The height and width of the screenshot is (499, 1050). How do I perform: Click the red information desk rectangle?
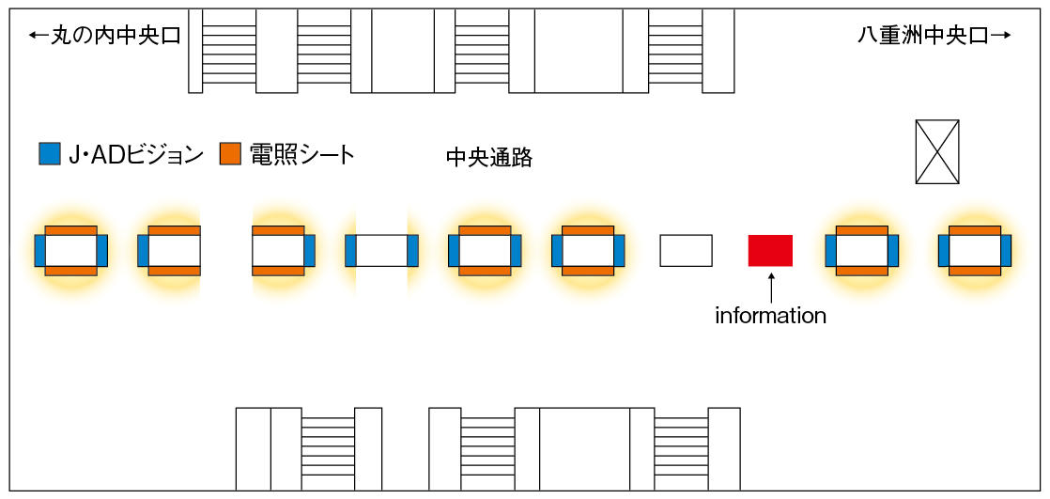point(770,251)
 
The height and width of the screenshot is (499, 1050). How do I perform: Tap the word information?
point(770,316)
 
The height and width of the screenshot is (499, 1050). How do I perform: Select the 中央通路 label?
point(489,158)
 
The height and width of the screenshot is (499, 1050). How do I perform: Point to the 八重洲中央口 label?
point(923,36)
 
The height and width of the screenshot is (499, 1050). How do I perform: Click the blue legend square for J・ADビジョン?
point(50,154)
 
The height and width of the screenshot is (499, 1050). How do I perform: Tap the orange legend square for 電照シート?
point(231,154)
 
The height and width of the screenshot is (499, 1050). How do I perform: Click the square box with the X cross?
point(937,151)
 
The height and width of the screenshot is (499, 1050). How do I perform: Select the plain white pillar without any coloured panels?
point(686,251)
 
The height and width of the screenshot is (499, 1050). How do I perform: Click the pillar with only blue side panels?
point(381,251)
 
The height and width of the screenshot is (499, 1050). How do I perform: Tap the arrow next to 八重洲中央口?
point(1000,36)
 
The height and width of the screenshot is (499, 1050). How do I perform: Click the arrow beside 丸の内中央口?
point(39,36)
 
